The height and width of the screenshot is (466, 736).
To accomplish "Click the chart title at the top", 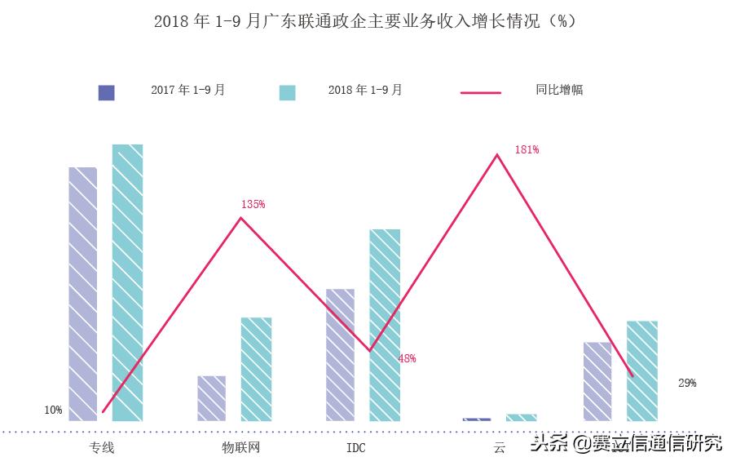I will tap(365, 21).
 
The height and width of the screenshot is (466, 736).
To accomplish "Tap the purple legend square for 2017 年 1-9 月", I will tap(106, 92).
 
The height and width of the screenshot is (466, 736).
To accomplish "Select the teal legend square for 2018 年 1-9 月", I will tap(287, 92).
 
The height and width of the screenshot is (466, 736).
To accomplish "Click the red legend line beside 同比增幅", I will tap(481, 92).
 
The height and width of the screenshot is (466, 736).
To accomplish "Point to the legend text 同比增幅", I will tap(559, 91).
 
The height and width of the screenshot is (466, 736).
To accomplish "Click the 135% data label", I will tap(253, 205).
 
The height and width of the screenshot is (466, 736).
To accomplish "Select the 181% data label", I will tap(527, 150).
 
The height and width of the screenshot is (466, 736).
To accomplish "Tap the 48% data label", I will tap(407, 358).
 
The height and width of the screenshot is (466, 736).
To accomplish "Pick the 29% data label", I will tap(687, 383).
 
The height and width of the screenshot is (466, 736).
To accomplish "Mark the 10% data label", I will tap(53, 410).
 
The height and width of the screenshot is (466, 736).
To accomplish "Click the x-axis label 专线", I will tap(102, 447).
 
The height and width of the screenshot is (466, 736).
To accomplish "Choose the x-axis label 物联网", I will tap(241, 447).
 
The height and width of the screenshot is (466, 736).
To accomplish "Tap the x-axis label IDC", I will tap(356, 448).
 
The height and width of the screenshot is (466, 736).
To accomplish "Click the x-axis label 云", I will tap(500, 448).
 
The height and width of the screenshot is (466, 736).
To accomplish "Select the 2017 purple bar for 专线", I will tap(83, 294).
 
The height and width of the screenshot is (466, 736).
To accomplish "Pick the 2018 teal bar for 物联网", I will tap(256, 369).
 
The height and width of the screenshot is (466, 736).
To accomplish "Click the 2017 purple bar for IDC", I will tap(340, 355).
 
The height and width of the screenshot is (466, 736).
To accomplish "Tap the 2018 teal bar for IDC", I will tap(385, 325).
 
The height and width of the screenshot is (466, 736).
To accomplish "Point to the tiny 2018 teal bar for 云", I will tap(521, 418).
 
